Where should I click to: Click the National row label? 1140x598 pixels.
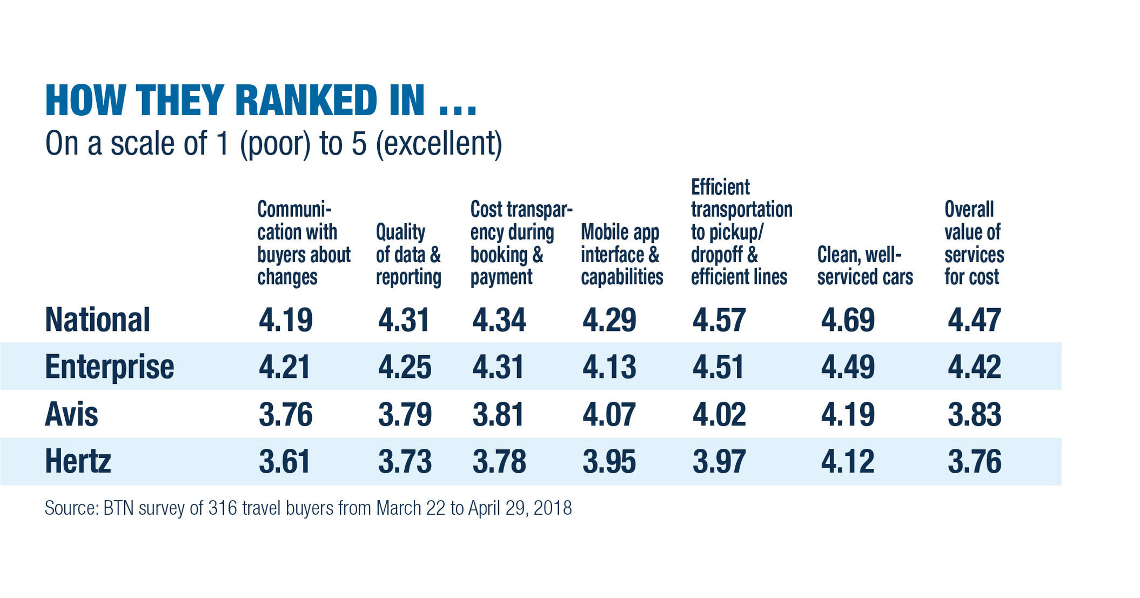(x=97, y=320)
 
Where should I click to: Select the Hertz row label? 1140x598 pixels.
(x=78, y=462)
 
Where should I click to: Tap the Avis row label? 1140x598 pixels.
(x=71, y=415)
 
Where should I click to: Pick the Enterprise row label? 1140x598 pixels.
(x=109, y=367)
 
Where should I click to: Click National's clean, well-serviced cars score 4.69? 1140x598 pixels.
(x=847, y=320)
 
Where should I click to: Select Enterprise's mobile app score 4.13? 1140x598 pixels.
(x=609, y=367)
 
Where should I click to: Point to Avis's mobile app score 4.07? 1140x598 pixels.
(x=609, y=415)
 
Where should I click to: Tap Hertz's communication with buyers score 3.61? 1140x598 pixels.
(x=285, y=462)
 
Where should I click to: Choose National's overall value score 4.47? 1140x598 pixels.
(x=974, y=320)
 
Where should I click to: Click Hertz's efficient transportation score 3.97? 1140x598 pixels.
(x=719, y=462)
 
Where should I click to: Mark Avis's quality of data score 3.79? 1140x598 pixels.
(x=405, y=415)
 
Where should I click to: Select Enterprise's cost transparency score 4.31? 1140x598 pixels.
(x=498, y=367)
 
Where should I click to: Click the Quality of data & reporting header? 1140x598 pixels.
(x=408, y=254)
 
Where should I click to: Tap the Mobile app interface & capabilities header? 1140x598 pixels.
(x=621, y=254)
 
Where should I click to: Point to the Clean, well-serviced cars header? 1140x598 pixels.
(x=864, y=265)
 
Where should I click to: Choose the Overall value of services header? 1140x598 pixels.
(x=974, y=243)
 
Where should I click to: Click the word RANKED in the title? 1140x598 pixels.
(x=306, y=101)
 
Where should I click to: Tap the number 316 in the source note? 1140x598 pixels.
(x=223, y=508)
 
